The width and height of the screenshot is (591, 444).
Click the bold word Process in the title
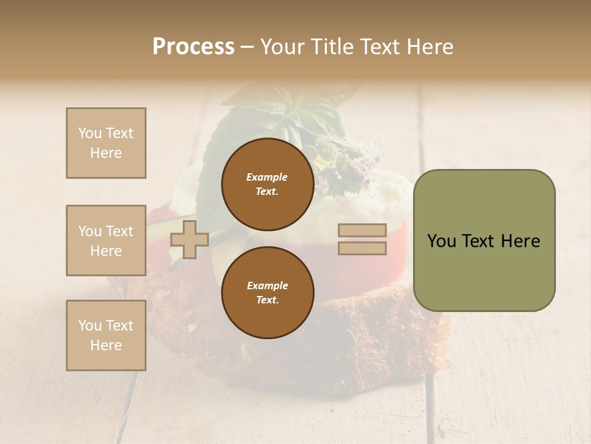pyautogui.click(x=193, y=47)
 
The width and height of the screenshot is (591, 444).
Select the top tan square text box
pyautogui.click(x=106, y=143)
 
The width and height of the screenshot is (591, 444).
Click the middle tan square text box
pyautogui.click(x=106, y=240)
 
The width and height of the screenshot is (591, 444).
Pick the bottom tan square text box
pyautogui.click(x=106, y=335)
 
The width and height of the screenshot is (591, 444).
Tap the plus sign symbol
pyautogui.click(x=189, y=239)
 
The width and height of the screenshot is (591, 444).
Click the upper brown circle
pyautogui.click(x=267, y=184)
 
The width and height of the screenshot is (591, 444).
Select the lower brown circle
pyautogui.click(x=267, y=292)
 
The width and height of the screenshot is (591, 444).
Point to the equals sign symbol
pyautogui.click(x=363, y=239)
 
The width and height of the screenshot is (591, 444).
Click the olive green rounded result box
pyautogui.click(x=484, y=240)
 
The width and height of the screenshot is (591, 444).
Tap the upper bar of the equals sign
pyautogui.click(x=363, y=231)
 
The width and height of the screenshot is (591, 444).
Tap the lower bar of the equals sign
pyautogui.click(x=363, y=248)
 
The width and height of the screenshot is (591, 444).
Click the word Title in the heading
pyautogui.click(x=333, y=47)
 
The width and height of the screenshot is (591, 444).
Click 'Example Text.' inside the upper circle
pyautogui.click(x=267, y=184)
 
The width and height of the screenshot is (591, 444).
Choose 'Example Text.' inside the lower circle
pyautogui.click(x=267, y=292)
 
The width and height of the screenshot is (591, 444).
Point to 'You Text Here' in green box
pyautogui.click(x=484, y=241)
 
